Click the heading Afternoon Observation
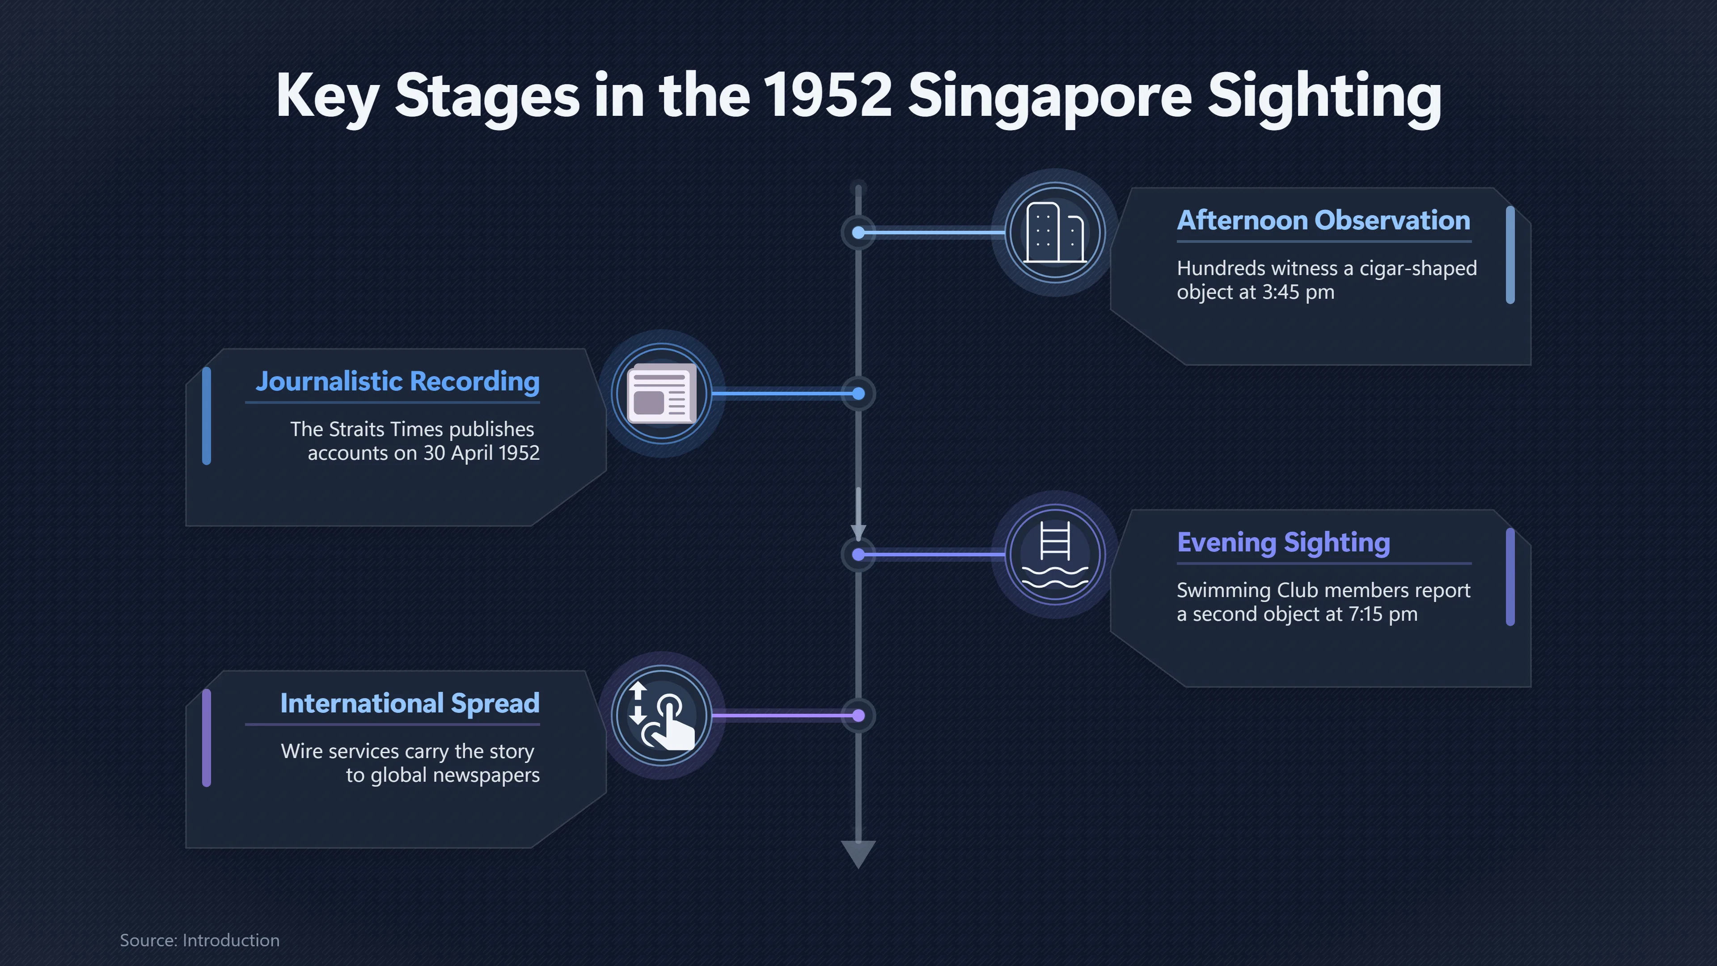[x=1323, y=220]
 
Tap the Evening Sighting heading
[x=1284, y=542]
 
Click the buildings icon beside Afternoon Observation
[x=1055, y=232]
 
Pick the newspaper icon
[x=662, y=394]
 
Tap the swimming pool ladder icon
[x=1055, y=554]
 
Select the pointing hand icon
[x=662, y=716]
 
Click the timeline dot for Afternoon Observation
[x=858, y=233]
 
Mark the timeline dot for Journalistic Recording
[x=858, y=394]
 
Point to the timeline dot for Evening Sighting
[x=858, y=555]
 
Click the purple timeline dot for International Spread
[x=858, y=716]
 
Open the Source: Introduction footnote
[x=199, y=940]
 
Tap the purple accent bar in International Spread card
[x=207, y=738]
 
